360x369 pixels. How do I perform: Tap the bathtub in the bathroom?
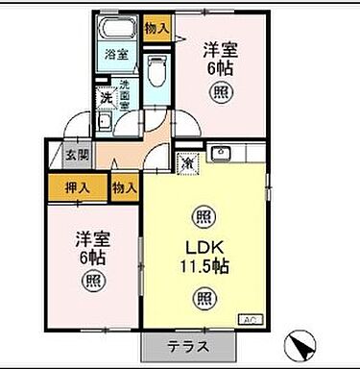pyautogui.click(x=118, y=27)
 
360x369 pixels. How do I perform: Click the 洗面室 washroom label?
pyautogui.click(x=124, y=96)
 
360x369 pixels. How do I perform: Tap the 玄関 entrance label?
pyautogui.click(x=78, y=154)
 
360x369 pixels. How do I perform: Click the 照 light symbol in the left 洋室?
pyautogui.click(x=92, y=282)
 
